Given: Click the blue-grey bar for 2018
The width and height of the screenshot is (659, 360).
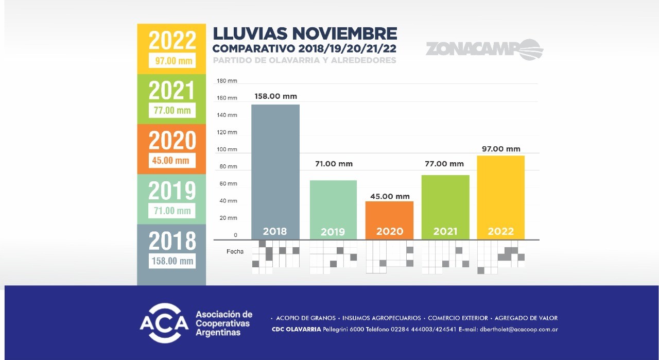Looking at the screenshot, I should pyautogui.click(x=275, y=165).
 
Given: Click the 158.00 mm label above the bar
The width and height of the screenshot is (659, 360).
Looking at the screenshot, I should pyautogui.click(x=275, y=96).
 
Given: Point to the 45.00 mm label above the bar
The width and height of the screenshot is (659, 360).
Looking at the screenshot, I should pyautogui.click(x=389, y=196).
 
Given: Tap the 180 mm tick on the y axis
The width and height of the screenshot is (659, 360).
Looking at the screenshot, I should pyautogui.click(x=227, y=81).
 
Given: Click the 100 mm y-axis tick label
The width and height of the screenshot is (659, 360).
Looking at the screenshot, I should pyautogui.click(x=227, y=149).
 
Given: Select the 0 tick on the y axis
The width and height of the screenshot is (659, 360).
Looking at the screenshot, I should pyautogui.click(x=235, y=235).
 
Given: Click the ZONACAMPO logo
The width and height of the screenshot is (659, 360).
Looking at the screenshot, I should pyautogui.click(x=484, y=49).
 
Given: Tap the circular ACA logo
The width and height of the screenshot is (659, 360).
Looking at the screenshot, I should pyautogui.click(x=164, y=323).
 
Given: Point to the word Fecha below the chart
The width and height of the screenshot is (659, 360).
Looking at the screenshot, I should pyautogui.click(x=235, y=252).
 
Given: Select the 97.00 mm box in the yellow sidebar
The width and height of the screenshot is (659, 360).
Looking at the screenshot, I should pyautogui.click(x=174, y=61).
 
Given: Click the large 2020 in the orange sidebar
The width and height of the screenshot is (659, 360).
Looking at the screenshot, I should pyautogui.click(x=172, y=140).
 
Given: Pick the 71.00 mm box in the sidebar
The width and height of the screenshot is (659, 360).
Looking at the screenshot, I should pyautogui.click(x=172, y=211).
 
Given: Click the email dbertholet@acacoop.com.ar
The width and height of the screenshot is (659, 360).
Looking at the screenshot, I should pyautogui.click(x=519, y=330).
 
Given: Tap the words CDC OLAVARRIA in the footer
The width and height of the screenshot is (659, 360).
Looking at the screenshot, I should pyautogui.click(x=296, y=330).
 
